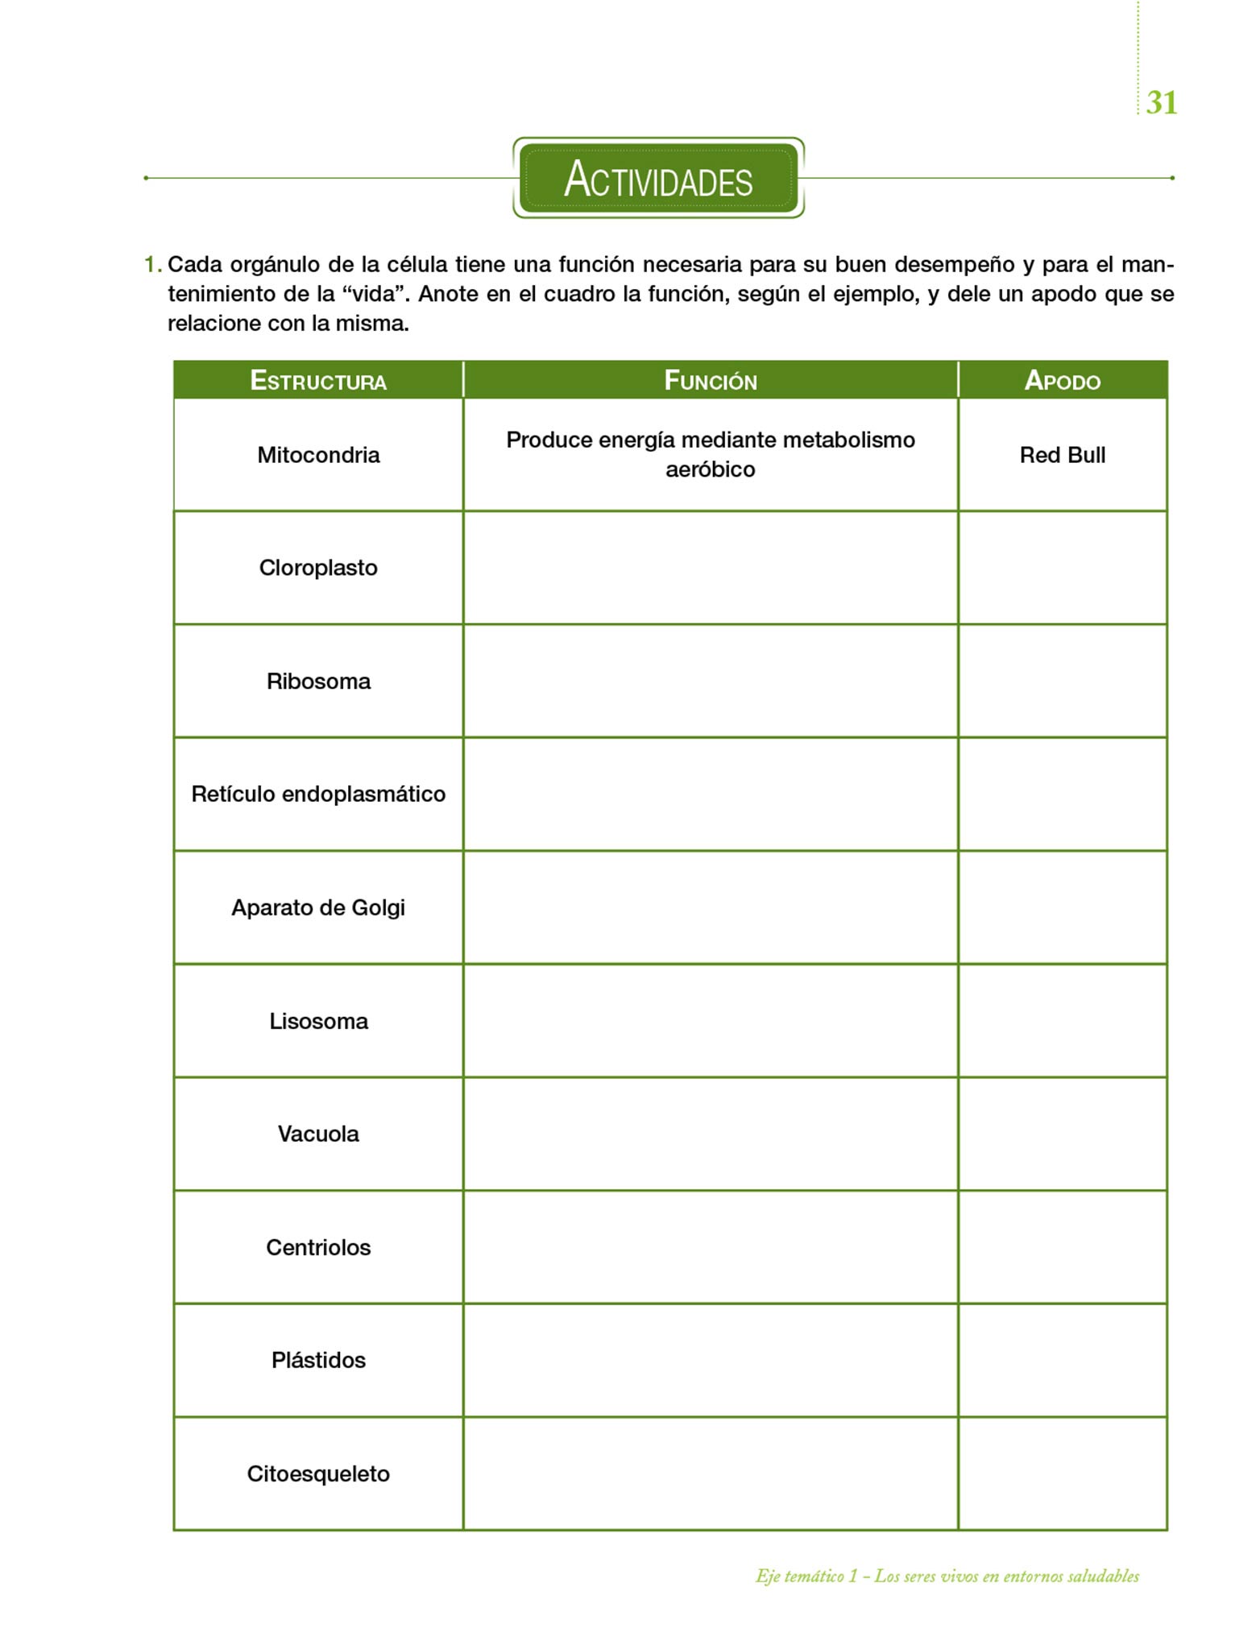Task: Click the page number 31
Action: coord(1161,102)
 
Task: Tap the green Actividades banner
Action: coord(658,178)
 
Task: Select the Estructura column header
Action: coord(318,380)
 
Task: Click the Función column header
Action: coord(710,380)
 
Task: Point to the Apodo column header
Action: coord(1062,380)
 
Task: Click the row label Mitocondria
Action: coord(318,455)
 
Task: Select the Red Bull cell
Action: coord(1062,455)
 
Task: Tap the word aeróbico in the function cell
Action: coord(710,469)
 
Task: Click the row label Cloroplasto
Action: coord(318,568)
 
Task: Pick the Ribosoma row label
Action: coord(318,681)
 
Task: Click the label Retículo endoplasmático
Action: coord(318,794)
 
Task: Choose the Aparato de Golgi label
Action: coord(318,907)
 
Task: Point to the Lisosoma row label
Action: coord(318,1021)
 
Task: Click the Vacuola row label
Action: coord(318,1134)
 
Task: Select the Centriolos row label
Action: coord(318,1247)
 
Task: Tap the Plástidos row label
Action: coord(318,1360)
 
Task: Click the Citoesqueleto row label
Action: coord(318,1473)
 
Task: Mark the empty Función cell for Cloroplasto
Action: coord(710,568)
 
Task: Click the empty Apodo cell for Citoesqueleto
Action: coord(1062,1473)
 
